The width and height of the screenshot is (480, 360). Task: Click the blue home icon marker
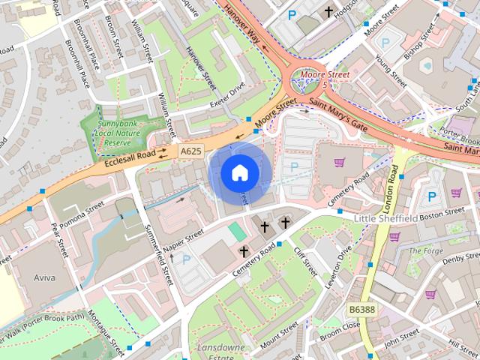(239, 173)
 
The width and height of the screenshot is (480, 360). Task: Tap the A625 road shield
(190, 151)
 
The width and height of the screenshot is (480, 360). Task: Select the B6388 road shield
(361, 308)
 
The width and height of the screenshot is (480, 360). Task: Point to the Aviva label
(44, 277)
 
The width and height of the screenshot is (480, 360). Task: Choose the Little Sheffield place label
(385, 217)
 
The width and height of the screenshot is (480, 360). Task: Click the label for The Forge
(425, 251)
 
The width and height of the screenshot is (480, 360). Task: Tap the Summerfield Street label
(159, 255)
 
